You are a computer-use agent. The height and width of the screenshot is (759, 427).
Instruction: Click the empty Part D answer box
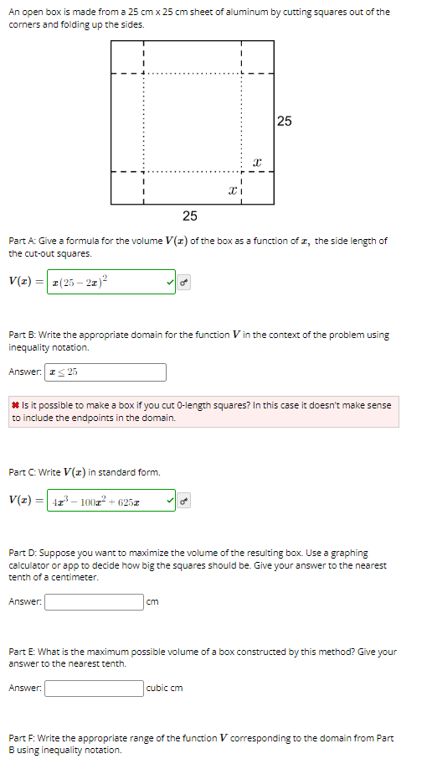94,601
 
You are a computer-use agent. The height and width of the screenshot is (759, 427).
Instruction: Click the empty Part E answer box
94,689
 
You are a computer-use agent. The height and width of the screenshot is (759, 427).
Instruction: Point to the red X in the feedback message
16,405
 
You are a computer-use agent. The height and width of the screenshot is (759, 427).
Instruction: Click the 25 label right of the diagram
284,122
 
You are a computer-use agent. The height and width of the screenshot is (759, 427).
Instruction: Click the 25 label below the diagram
190,216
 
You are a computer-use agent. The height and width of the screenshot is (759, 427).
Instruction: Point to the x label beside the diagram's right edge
257,160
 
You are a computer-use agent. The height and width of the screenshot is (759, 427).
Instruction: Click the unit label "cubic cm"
164,689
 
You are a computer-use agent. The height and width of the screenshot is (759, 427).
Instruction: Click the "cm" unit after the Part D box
152,601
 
